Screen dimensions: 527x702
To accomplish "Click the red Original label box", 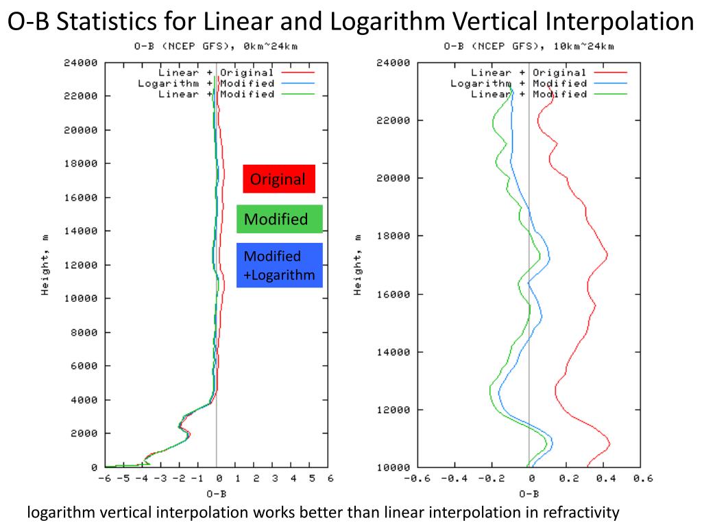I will pyautogui.click(x=279, y=179).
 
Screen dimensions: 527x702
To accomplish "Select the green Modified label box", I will pyautogui.click(x=279, y=219).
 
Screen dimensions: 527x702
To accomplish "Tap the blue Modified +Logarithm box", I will pyautogui.click(x=279, y=266).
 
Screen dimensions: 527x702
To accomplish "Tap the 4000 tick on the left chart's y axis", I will pyautogui.click(x=86, y=399).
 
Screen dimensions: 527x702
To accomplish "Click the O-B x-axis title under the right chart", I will pyautogui.click(x=529, y=493).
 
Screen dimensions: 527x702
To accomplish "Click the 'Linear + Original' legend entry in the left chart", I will pyautogui.click(x=216, y=72).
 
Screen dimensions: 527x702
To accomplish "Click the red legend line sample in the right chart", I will pyautogui.click(x=611, y=72).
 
